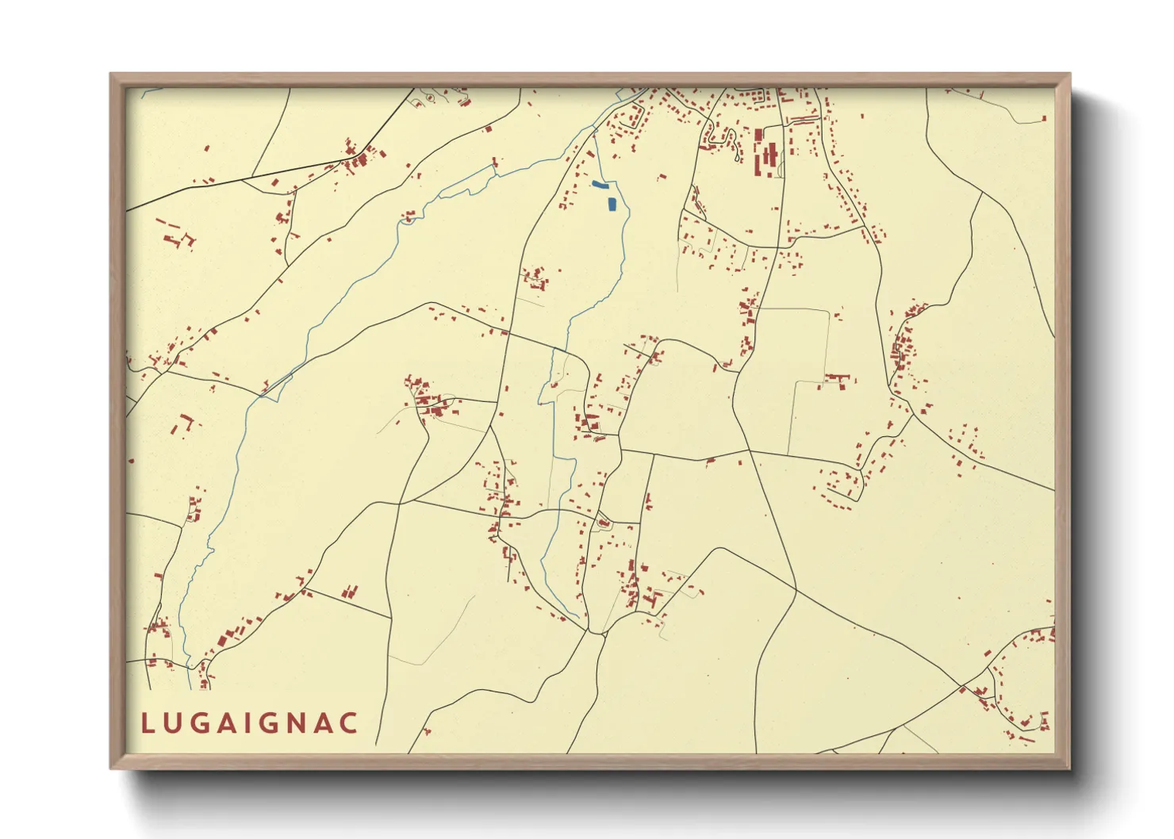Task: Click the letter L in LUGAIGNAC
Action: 148,723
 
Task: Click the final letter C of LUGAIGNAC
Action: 349,723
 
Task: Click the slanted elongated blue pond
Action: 600,185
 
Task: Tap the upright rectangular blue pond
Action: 611,204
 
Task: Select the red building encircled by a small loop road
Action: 603,523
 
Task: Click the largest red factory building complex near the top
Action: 765,155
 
